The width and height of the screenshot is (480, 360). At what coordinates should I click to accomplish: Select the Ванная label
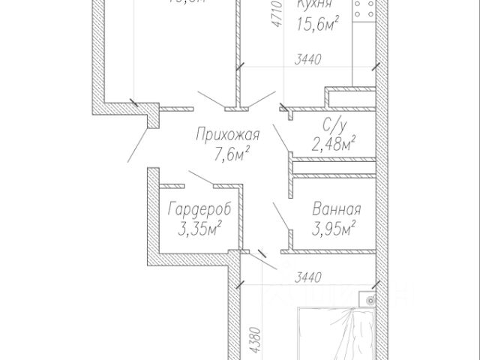336,211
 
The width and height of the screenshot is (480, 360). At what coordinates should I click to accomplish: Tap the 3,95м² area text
333,228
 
